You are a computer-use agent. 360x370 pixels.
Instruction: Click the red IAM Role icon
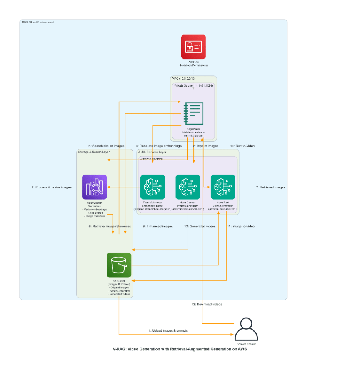tap(193, 47)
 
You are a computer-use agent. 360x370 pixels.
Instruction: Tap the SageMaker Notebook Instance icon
tap(193, 113)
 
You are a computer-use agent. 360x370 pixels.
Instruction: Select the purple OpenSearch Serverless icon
tap(94, 187)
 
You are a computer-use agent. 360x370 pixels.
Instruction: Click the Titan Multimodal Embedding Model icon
tap(153, 187)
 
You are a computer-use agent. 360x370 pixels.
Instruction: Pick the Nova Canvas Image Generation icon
tap(188, 187)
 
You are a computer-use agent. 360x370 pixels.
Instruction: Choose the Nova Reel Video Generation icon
tap(223, 187)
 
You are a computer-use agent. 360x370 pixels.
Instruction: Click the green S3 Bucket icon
tap(119, 265)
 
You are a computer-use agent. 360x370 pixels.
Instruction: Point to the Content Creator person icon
tap(246, 329)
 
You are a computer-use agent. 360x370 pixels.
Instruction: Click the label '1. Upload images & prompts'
tap(168, 330)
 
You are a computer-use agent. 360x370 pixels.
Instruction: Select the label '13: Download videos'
tap(207, 304)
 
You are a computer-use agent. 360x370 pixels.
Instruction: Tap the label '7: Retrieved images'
tap(270, 187)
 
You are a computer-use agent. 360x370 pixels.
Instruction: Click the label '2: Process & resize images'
tap(52, 187)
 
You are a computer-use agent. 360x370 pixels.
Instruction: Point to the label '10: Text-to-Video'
tap(242, 146)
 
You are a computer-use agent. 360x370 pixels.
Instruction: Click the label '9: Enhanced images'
tap(158, 226)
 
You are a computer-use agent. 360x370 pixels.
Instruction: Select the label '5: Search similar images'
tap(107, 146)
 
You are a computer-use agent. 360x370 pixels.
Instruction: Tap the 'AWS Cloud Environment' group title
tap(37, 22)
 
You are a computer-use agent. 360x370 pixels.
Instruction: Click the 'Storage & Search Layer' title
tap(94, 152)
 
